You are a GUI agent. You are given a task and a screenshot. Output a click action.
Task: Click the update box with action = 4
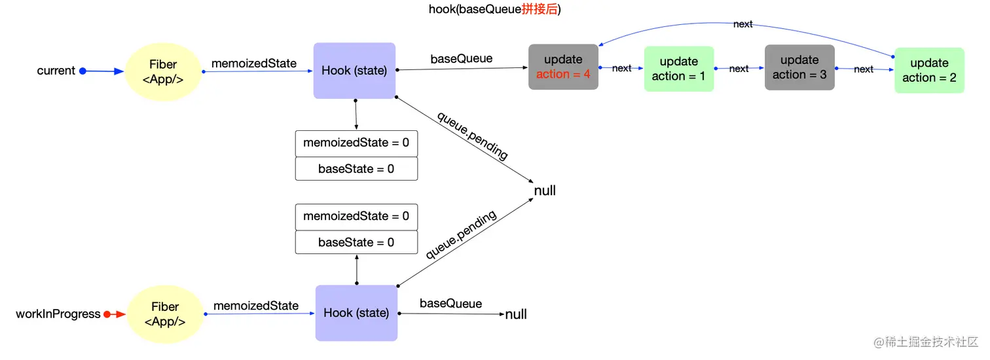[x=563, y=67]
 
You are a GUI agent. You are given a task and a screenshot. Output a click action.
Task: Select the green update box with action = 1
[x=678, y=69]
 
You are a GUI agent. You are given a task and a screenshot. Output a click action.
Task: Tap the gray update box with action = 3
[x=799, y=67]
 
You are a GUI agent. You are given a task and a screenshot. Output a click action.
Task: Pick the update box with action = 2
[x=929, y=70]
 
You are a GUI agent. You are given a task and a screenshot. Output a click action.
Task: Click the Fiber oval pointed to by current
[x=163, y=71]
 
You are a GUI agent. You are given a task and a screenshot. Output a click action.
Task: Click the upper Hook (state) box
[x=354, y=71]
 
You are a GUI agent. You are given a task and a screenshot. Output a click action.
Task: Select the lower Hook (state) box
[x=356, y=313]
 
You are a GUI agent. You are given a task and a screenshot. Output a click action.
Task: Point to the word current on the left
[x=56, y=71]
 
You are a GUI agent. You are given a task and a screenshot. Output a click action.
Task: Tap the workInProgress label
[x=58, y=314]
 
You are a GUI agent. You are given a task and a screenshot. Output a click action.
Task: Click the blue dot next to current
[x=82, y=71]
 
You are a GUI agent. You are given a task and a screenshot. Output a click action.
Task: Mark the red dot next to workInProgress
[x=107, y=314]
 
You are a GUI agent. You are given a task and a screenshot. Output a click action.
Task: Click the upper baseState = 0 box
[x=356, y=169]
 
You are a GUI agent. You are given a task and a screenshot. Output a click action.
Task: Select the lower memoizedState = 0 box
[x=356, y=216]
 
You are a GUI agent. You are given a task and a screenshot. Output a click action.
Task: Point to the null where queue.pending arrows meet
[x=545, y=190]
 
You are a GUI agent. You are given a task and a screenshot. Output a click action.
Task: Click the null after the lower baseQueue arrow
[x=516, y=315]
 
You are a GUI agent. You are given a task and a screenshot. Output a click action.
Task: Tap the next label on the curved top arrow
[x=742, y=24]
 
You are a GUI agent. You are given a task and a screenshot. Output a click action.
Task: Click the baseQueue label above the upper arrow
[x=461, y=59]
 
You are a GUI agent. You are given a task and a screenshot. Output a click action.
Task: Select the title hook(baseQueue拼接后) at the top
[x=495, y=9]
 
